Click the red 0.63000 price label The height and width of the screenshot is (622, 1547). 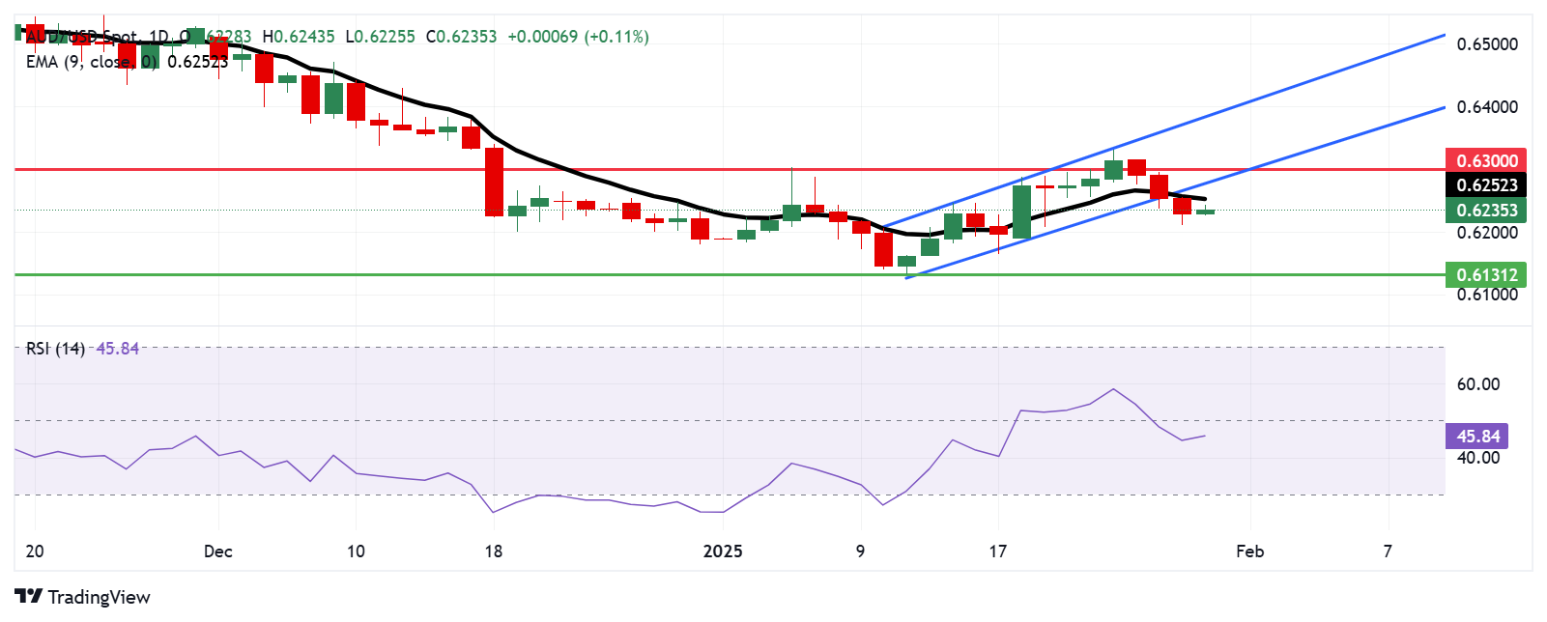coord(1486,160)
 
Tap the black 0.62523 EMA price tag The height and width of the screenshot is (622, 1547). coord(1486,184)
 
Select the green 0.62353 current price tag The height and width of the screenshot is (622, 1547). coord(1486,210)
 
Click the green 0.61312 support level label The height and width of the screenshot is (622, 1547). coord(1486,274)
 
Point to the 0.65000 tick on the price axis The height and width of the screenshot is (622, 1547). coord(1486,44)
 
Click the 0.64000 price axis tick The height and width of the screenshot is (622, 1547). coord(1486,107)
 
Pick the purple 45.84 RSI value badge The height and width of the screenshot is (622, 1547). coord(1478,437)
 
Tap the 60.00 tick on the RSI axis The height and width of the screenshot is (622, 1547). coord(1478,384)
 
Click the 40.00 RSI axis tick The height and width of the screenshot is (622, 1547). coord(1478,458)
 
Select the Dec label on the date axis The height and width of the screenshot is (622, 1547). coord(218,551)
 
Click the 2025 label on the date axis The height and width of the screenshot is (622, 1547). coord(723,551)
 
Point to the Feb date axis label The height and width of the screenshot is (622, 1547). coord(1250,551)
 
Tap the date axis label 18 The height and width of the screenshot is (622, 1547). coord(493,551)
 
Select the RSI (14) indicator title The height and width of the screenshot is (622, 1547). coord(55,349)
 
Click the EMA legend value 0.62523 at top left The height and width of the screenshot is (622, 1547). coord(197,62)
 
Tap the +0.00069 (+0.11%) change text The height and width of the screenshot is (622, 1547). coord(578,37)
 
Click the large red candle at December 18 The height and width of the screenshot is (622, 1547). coord(494,182)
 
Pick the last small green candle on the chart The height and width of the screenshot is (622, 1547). coord(1205,211)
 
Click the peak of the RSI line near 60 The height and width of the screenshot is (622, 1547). coord(1113,389)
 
